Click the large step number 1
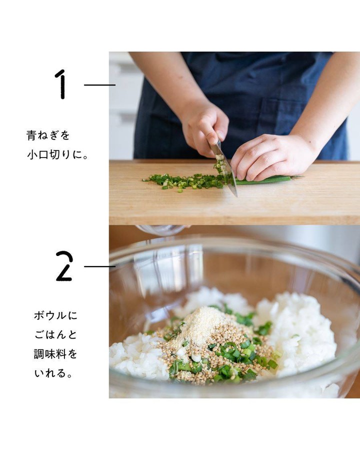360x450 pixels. (61, 84)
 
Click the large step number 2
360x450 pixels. (64, 266)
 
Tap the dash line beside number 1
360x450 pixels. (99, 85)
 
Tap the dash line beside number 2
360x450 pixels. (99, 266)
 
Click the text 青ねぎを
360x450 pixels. (48, 135)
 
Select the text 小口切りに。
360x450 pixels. (57, 155)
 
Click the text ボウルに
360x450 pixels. (55, 315)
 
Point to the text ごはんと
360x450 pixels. (55, 334)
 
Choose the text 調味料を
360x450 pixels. (55, 354)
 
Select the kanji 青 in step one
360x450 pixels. (31, 135)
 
